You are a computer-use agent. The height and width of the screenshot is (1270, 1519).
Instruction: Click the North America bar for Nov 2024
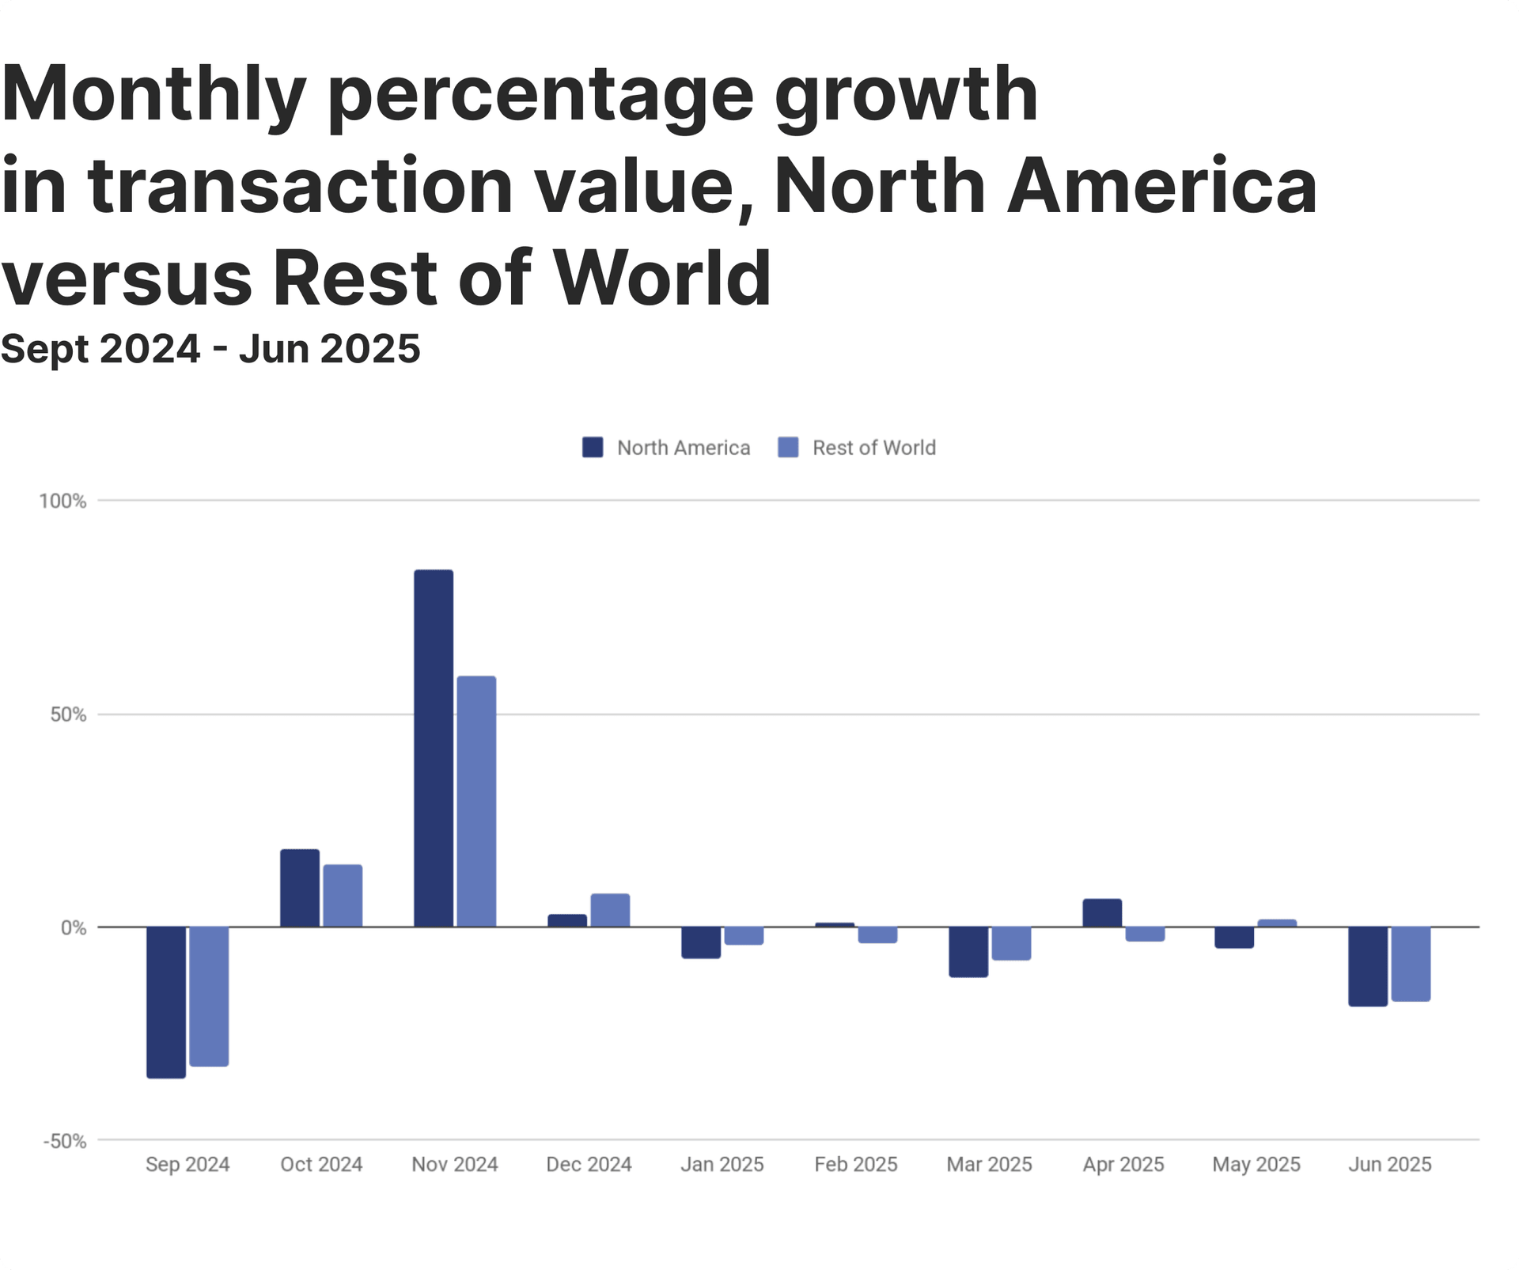pyautogui.click(x=434, y=748)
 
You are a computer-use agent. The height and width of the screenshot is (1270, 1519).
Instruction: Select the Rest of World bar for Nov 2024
pyautogui.click(x=476, y=801)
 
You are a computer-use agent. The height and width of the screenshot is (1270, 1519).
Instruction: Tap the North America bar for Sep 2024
pyautogui.click(x=166, y=1002)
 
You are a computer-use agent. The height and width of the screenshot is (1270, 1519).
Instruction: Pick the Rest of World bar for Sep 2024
pyautogui.click(x=209, y=996)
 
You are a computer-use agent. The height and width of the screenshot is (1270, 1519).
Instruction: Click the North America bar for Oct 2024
pyautogui.click(x=300, y=888)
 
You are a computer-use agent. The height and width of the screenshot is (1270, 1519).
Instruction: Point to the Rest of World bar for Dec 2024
pyautogui.click(x=610, y=910)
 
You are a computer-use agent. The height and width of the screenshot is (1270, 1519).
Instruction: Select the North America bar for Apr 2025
pyautogui.click(x=1102, y=912)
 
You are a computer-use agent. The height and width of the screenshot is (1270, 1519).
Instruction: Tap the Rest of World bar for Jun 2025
pyautogui.click(x=1411, y=964)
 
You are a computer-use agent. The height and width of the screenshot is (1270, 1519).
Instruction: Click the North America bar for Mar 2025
pyautogui.click(x=968, y=952)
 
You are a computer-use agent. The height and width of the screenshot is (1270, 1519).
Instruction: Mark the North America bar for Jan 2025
pyautogui.click(x=701, y=942)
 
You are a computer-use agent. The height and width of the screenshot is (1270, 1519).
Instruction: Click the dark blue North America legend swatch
pyautogui.click(x=593, y=447)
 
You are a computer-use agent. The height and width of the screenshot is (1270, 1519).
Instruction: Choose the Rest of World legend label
pyautogui.click(x=873, y=448)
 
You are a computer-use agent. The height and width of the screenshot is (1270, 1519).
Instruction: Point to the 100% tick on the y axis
pyautogui.click(x=63, y=501)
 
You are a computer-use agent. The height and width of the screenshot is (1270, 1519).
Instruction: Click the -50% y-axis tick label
pyautogui.click(x=64, y=1141)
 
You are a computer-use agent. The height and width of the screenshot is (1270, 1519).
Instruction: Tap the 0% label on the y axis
pyautogui.click(x=73, y=927)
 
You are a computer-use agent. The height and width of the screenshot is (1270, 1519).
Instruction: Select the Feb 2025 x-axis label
pyautogui.click(x=855, y=1164)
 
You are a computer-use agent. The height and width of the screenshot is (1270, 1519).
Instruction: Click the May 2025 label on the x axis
pyautogui.click(x=1256, y=1164)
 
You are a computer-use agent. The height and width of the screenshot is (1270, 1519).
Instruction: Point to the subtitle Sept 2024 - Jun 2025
pyautogui.click(x=210, y=348)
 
